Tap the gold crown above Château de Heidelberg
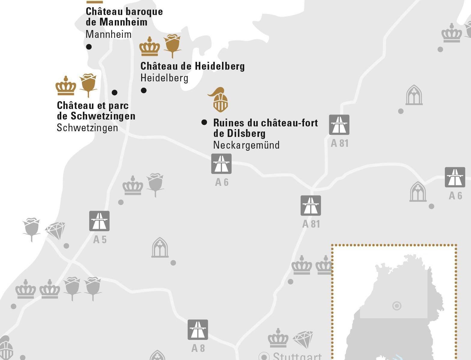pyautogui.click(x=150, y=47)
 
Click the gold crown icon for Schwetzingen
pyautogui.click(x=66, y=86)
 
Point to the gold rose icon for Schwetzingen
pyautogui.click(x=88, y=84)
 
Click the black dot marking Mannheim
pyautogui.click(x=89, y=47)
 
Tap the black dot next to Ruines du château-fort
pyautogui.click(x=204, y=122)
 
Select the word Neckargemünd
pyautogui.click(x=246, y=145)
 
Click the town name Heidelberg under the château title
pyautogui.click(x=164, y=78)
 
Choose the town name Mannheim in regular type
pyautogui.click(x=108, y=35)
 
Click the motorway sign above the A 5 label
pyautogui.click(x=99, y=221)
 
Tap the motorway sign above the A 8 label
pyautogui.click(x=198, y=330)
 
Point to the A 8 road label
pyautogui.click(x=198, y=348)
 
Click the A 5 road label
pyautogui.click(x=100, y=239)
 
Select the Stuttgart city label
pyautogui.click(x=297, y=357)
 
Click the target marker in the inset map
pyautogui.click(x=397, y=306)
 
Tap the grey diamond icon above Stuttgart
pyautogui.click(x=303, y=340)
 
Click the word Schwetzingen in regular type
pyautogui.click(x=87, y=128)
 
